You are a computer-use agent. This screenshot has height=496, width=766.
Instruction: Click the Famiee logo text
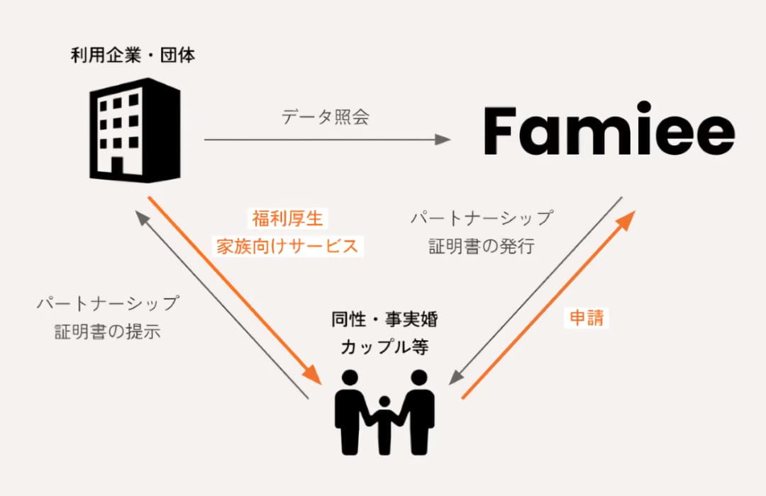(x=609, y=129)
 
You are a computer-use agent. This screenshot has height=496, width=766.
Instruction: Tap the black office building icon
(x=135, y=130)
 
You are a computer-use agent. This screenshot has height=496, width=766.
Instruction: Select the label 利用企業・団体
(x=133, y=55)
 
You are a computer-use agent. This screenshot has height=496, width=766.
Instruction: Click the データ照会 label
(x=326, y=117)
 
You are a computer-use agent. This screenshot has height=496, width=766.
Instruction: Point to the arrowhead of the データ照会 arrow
(x=443, y=140)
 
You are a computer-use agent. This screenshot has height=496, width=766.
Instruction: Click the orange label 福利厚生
(x=288, y=218)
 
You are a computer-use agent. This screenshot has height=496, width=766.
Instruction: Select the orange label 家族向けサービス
(x=288, y=246)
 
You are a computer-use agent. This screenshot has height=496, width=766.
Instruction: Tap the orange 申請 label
(x=587, y=318)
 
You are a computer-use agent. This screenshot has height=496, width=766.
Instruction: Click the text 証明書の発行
(x=482, y=246)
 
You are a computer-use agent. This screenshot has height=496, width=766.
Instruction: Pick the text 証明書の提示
(x=108, y=332)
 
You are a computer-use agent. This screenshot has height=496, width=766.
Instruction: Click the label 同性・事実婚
(x=384, y=320)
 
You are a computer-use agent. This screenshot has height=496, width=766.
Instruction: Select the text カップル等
(x=384, y=346)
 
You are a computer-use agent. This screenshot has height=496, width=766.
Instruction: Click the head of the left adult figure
(x=350, y=378)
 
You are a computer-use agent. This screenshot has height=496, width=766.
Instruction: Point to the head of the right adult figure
(x=419, y=378)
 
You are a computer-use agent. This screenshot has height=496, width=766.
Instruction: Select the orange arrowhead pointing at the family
(x=313, y=375)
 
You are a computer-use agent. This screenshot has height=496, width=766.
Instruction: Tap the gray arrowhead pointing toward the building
(x=142, y=218)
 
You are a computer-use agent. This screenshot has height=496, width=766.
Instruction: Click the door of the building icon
(x=117, y=166)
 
